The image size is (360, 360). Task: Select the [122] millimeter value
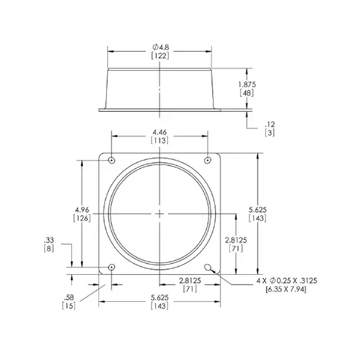tap(159, 57)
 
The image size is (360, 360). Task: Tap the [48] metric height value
tap(247, 93)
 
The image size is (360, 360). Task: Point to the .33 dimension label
tap(49, 240)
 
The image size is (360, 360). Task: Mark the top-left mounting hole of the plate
tap(112, 160)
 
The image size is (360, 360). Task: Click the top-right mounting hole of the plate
tap(208, 160)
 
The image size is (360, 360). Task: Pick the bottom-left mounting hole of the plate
tap(112, 267)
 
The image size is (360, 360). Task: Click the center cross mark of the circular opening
tap(160, 213)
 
